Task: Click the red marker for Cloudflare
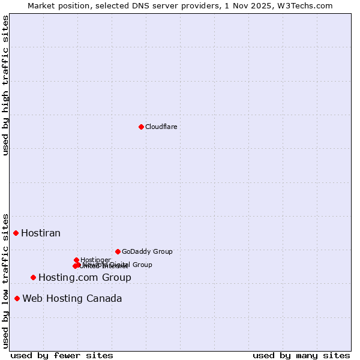click(x=141, y=127)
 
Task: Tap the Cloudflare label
click(x=161, y=127)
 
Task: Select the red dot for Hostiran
click(x=16, y=233)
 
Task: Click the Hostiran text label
click(x=41, y=233)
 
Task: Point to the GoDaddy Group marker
click(x=118, y=251)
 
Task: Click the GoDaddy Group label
click(x=147, y=251)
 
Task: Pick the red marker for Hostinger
click(x=76, y=260)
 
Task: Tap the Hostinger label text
click(x=95, y=260)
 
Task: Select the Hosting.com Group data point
click(x=33, y=277)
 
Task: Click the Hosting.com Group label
click(x=85, y=277)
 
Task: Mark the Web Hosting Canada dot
click(x=17, y=298)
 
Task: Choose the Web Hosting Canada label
click(x=72, y=298)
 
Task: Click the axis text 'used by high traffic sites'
click(x=5, y=85)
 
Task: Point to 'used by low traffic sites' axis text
click(x=5, y=280)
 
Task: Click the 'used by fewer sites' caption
click(x=62, y=356)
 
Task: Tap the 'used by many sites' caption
click(x=301, y=356)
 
